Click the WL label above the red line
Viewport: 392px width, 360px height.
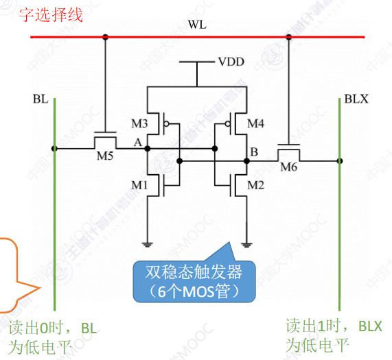point(197,25)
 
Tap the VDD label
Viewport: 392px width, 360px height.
point(231,62)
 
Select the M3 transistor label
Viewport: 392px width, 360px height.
point(139,123)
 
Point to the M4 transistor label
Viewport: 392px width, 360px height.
point(255,123)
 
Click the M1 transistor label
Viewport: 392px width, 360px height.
point(139,185)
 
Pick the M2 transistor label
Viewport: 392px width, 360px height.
point(255,185)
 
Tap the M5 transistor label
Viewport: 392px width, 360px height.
point(105,156)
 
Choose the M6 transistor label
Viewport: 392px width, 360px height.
point(289,167)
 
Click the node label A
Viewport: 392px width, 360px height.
point(138,143)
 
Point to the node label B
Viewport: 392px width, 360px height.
point(254,152)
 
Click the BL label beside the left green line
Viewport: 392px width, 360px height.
point(41,99)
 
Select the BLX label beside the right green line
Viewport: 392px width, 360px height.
point(356,99)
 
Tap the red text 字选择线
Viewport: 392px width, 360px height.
point(51,14)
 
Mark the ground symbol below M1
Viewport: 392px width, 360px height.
point(147,245)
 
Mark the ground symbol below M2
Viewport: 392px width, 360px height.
point(246,245)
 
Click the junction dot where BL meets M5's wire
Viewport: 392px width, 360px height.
point(54,149)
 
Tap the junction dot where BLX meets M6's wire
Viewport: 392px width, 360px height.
point(340,161)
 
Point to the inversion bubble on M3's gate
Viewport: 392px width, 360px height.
point(167,123)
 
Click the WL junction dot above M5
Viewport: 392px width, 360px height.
point(106,37)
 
